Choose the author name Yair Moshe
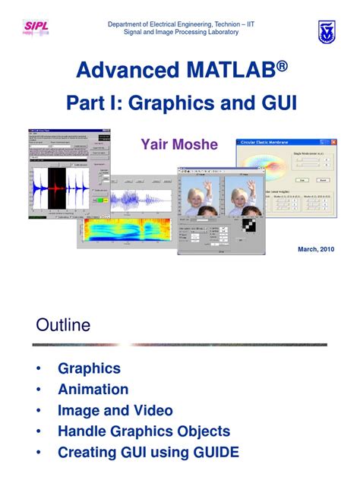tap(179, 144)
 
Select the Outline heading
tap(63, 326)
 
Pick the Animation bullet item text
tap(93, 390)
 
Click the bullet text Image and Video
tap(115, 411)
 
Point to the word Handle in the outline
tap(83, 431)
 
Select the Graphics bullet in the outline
tap(89, 368)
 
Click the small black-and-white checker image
tap(249, 226)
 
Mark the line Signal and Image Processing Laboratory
tap(181, 33)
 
